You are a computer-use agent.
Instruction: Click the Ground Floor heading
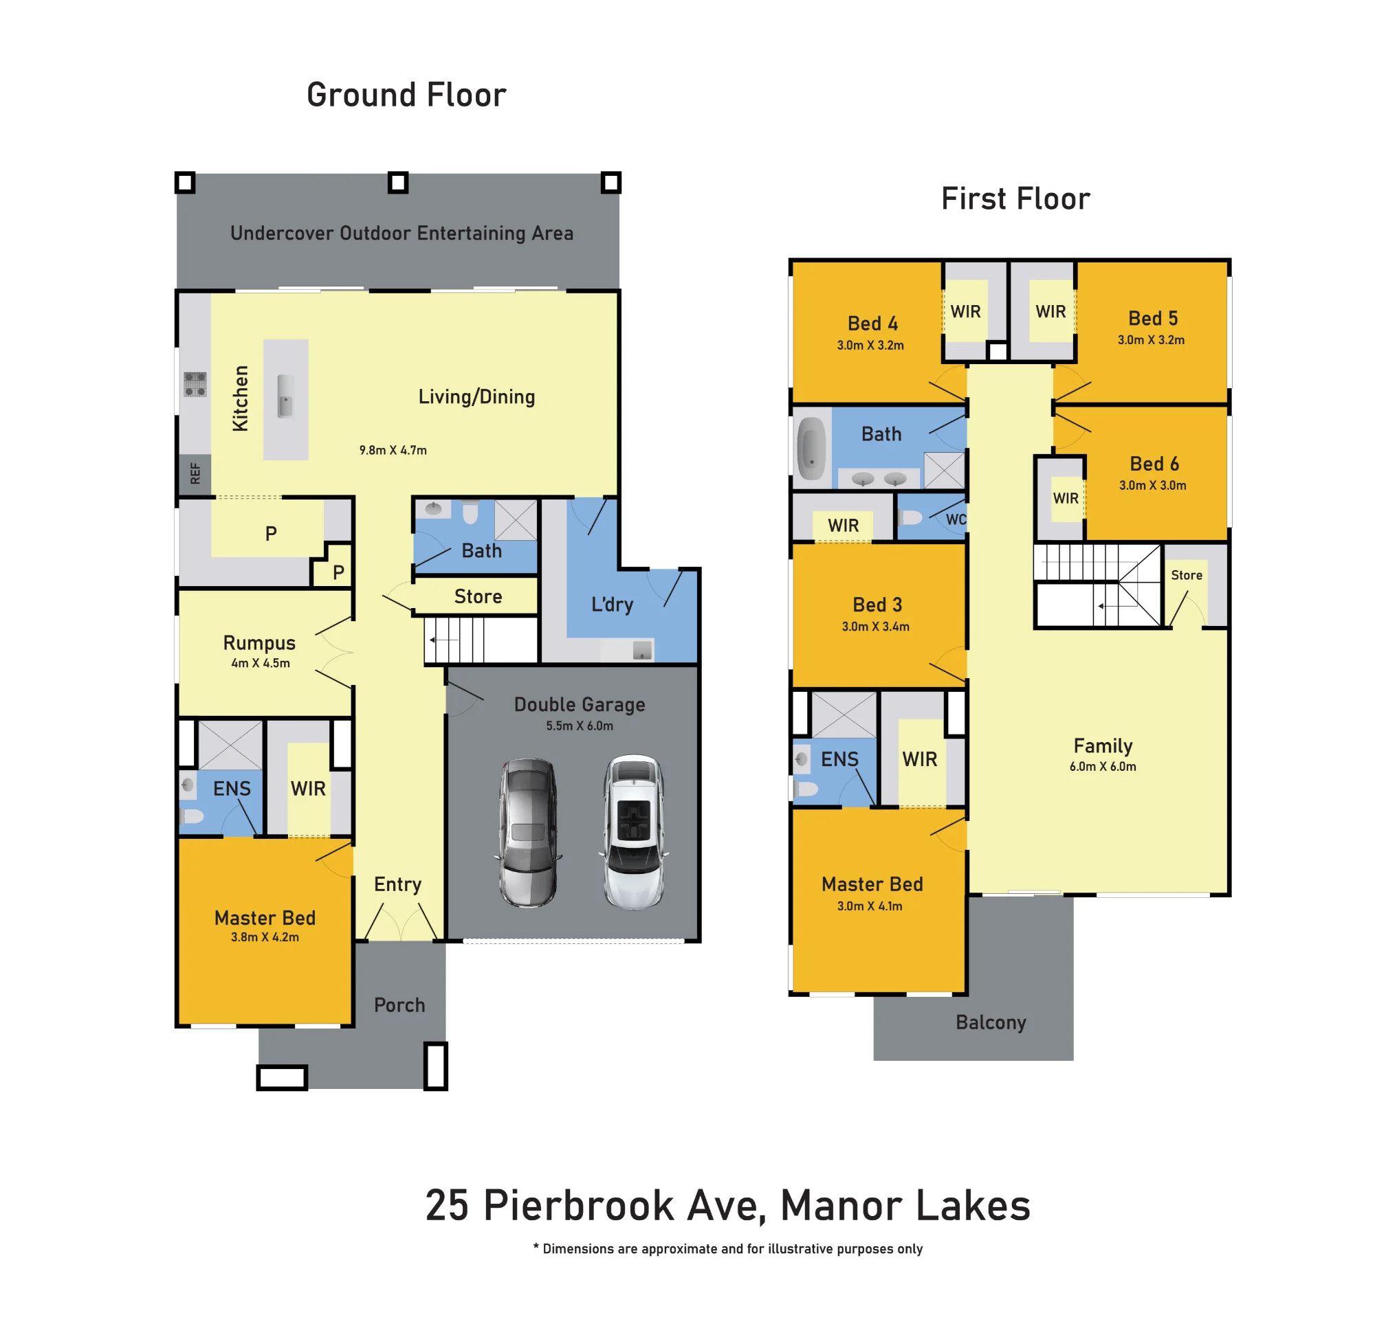point(406,95)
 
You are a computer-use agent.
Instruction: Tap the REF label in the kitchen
point(195,474)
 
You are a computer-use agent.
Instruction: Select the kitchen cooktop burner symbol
point(195,384)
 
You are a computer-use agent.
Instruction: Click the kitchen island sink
point(285,396)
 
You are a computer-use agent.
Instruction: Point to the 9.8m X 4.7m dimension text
point(393,450)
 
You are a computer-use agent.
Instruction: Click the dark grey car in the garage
point(528,832)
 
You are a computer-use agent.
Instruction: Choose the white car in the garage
point(633,832)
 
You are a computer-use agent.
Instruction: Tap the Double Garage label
point(580,705)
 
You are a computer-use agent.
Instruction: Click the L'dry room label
point(613,605)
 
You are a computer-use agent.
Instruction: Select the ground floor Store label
point(478,597)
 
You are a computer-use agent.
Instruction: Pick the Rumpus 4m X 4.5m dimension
point(261,664)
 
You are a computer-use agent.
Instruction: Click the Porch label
point(399,1006)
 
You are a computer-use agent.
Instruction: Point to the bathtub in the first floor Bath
point(812,449)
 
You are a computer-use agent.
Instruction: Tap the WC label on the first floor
point(956,519)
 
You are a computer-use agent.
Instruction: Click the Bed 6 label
point(1154,464)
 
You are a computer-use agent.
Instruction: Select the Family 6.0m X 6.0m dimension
point(1103,767)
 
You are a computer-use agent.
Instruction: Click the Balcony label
point(991,1023)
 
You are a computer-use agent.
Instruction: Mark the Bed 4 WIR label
point(965,311)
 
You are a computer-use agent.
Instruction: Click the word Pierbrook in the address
point(579,1206)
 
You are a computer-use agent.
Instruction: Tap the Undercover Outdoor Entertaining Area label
point(402,233)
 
